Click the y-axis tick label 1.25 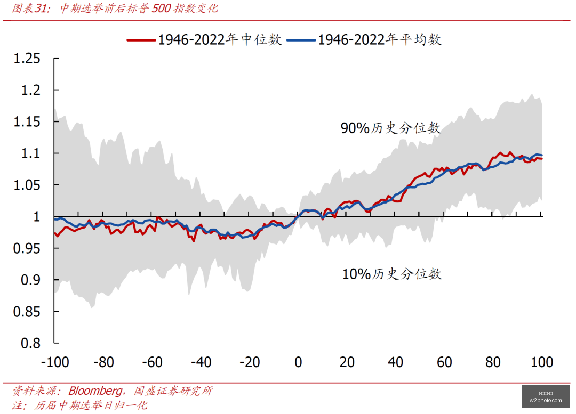coord(27,59)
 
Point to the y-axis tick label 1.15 coord(27,121)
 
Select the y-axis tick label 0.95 coord(27,248)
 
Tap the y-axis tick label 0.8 coord(31,343)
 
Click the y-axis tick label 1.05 coord(27,185)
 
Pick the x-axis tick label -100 coord(55,362)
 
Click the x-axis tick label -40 coord(201,362)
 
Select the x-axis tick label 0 coord(298,362)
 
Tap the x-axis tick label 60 coord(444,362)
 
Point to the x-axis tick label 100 coord(542,362)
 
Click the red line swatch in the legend coord(141,40)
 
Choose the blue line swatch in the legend coord(301,40)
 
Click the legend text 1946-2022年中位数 coord(220,39)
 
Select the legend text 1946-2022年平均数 coord(380,39)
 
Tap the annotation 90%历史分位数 coord(390,128)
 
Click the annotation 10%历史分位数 coord(392,274)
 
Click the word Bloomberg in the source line coord(95,391)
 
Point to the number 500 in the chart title coord(161,8)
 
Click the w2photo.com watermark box coord(546,397)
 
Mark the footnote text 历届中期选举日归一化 coord(91,405)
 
